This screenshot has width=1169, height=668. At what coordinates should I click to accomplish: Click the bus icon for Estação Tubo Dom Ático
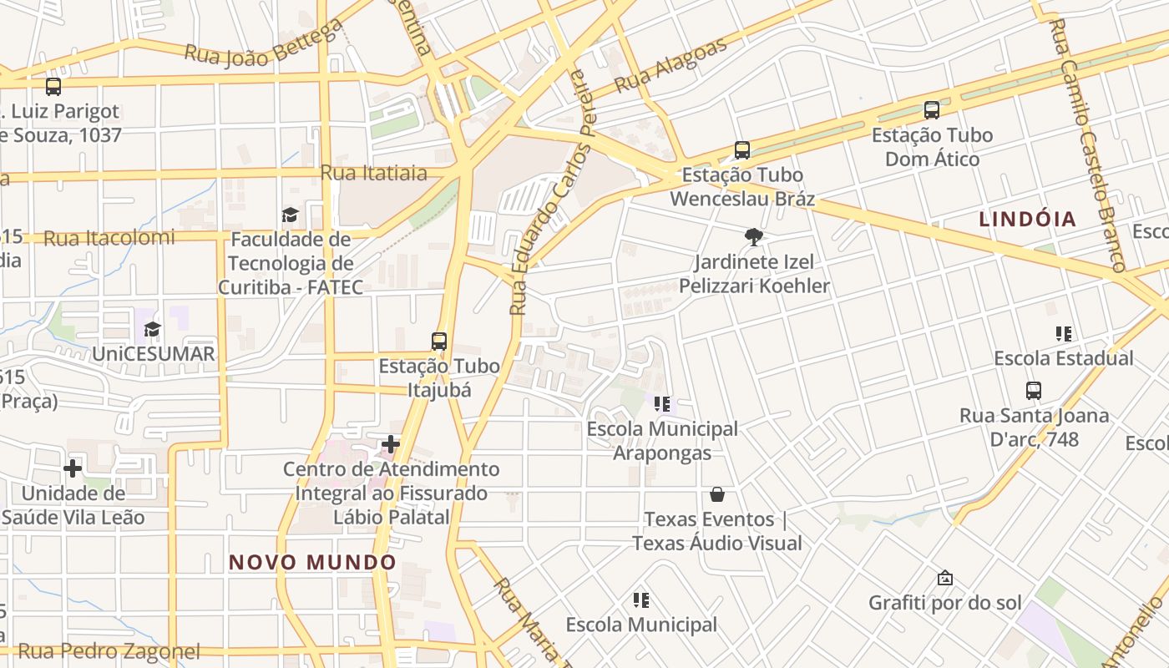click(932, 110)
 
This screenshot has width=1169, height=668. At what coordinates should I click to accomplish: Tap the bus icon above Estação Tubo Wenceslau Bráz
click(742, 150)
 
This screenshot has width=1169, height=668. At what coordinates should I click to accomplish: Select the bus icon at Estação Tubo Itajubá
click(439, 341)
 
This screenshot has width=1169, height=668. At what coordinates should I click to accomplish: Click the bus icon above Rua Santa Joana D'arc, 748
click(1034, 390)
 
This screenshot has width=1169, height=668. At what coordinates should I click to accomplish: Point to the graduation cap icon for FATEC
click(290, 215)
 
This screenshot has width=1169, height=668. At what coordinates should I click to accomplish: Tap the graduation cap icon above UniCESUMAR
click(152, 329)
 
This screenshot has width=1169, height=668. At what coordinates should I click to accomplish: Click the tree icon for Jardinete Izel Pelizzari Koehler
click(754, 237)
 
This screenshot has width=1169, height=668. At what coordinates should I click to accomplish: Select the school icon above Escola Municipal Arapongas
click(662, 404)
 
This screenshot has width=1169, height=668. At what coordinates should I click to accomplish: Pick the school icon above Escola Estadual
click(1063, 334)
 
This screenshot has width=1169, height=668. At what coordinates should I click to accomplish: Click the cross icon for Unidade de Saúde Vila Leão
click(73, 468)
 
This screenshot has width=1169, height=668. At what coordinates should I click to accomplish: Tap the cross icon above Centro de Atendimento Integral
click(391, 444)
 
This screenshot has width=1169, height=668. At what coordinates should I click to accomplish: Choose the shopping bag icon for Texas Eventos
click(716, 494)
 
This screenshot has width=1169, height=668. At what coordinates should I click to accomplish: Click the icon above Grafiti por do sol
click(945, 578)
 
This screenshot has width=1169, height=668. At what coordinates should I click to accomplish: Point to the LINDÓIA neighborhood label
click(1027, 220)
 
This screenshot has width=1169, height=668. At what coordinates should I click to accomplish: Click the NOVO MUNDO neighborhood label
click(312, 562)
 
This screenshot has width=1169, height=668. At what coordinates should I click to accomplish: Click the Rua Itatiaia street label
click(374, 173)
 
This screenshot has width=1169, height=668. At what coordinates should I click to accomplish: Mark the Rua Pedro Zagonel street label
click(109, 651)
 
